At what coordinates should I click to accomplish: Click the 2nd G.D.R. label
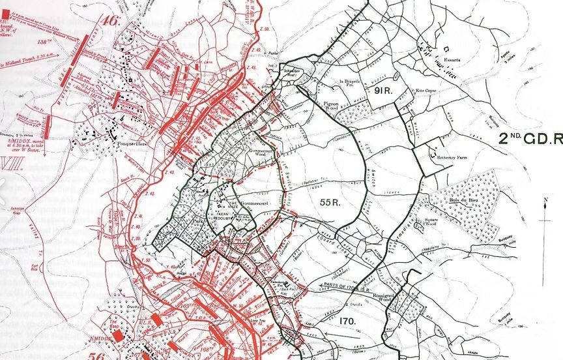[530, 138]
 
